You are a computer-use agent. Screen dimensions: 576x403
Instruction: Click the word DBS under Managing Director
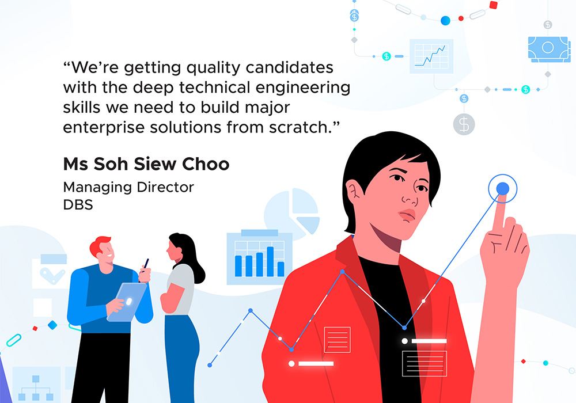(78, 205)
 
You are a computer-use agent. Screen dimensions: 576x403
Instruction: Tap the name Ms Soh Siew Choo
(146, 164)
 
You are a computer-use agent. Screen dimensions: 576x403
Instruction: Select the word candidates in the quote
(290, 67)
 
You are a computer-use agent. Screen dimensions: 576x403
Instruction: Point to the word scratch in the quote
(298, 127)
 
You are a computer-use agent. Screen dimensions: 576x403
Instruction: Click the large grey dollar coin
(464, 124)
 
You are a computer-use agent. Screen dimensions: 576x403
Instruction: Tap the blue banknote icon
(549, 49)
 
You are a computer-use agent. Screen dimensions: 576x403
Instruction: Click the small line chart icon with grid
(431, 56)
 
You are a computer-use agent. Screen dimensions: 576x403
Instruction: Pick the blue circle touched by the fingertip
(502, 189)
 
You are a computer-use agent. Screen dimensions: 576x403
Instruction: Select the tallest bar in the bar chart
(270, 261)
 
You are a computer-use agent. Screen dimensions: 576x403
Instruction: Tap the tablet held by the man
(127, 302)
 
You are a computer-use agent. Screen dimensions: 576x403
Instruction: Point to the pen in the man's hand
(146, 264)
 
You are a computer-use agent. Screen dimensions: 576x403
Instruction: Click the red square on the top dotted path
(494, 5)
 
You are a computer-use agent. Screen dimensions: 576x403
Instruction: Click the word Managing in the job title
(97, 188)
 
